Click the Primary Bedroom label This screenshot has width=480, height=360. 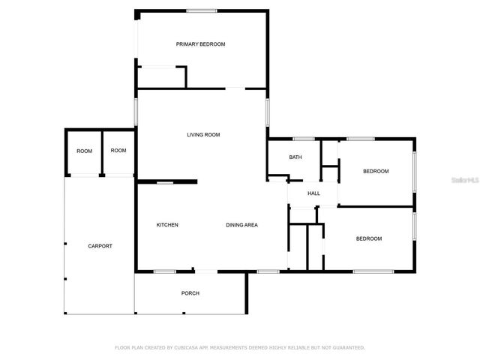[x=200, y=44]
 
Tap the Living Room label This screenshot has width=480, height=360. [x=203, y=135]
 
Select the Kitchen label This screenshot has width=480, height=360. [x=166, y=225]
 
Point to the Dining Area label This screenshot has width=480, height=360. [x=242, y=225]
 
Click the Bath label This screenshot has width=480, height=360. [x=295, y=157]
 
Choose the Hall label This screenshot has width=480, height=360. [x=313, y=193]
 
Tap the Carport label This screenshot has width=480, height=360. [x=100, y=246]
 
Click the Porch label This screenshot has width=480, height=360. [x=190, y=293]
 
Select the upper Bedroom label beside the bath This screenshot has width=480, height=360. [x=376, y=172]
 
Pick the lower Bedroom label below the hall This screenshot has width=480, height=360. [x=368, y=238]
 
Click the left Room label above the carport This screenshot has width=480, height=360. [x=84, y=151]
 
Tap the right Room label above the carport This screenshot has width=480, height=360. [x=118, y=151]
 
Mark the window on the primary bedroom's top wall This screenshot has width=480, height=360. [x=202, y=10]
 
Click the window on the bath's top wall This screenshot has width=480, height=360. [x=303, y=139]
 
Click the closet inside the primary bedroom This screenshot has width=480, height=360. [x=160, y=78]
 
